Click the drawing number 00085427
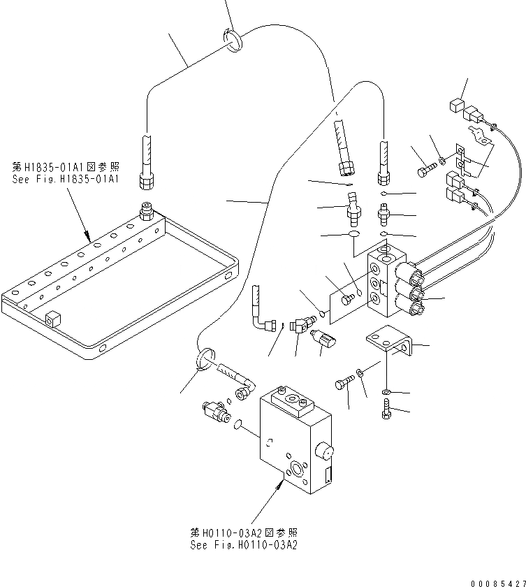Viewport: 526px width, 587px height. [497, 582]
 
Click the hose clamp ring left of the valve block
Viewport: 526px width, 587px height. [200, 360]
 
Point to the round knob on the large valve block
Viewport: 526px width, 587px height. [323, 451]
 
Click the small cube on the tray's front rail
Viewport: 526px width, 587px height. [51, 319]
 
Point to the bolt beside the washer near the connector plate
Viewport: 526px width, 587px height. [425, 170]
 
